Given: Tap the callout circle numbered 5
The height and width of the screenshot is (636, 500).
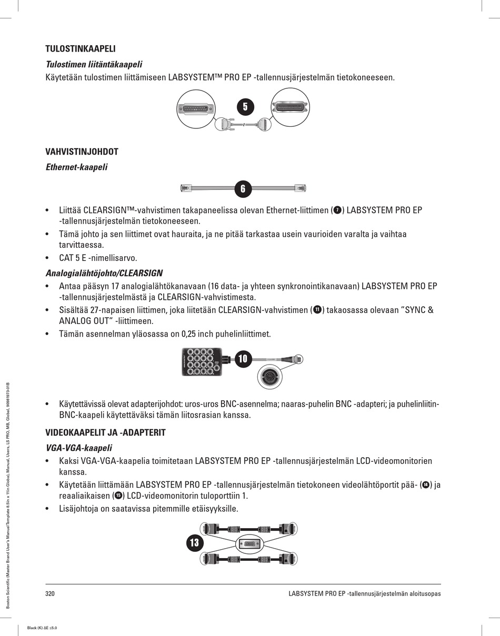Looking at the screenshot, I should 245,106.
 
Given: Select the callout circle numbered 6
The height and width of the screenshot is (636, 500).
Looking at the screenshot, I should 243,188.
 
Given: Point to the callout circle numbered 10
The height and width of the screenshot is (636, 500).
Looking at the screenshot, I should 242,358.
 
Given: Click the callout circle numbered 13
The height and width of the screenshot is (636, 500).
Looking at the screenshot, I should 194,543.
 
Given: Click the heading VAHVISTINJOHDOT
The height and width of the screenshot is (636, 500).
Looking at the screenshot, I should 82,152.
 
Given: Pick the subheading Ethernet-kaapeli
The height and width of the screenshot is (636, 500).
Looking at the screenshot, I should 76,167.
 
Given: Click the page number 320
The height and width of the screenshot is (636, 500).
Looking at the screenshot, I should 51,594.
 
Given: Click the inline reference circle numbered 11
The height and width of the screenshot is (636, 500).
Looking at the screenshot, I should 317,309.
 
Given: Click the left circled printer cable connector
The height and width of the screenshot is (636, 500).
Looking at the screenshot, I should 197,108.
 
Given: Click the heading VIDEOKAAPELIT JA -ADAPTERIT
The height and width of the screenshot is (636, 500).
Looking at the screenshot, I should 105,433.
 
